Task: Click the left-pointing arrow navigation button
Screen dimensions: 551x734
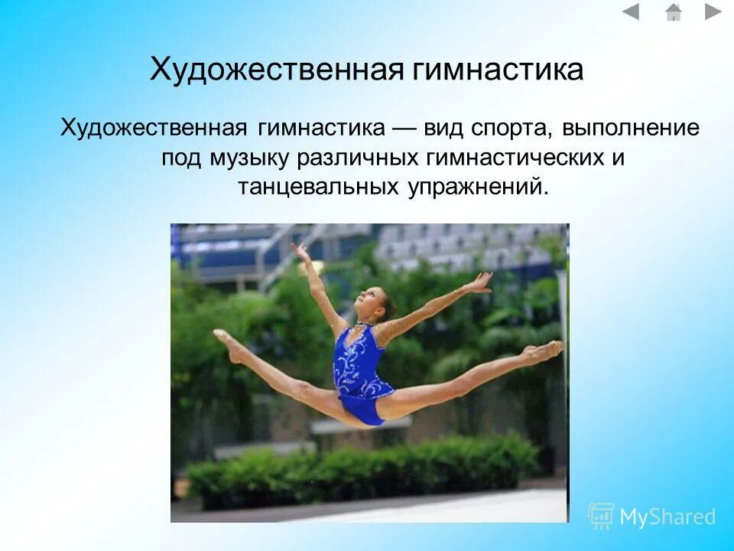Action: pos(630,11)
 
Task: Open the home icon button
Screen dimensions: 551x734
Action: pos(674,11)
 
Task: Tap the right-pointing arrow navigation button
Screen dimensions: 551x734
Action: pos(713,11)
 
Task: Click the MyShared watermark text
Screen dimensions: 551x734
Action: pos(667,517)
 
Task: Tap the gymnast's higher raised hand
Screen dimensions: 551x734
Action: pos(300,250)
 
